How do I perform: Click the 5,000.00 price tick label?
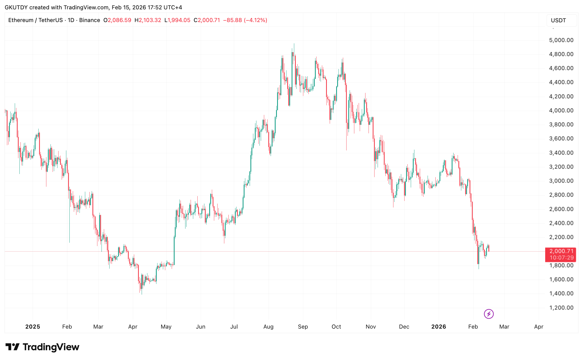coord(561,40)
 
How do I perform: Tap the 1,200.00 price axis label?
coord(561,308)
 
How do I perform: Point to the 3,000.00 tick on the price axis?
coord(561,181)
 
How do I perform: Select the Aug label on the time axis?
coord(268,327)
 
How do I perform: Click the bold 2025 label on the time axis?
coord(33,327)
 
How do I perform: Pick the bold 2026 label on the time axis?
coord(438,327)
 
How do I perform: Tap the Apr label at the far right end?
coord(538,327)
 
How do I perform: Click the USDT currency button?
coord(558,20)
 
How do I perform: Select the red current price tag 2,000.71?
coord(561,251)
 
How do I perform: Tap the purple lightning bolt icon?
coord(489,314)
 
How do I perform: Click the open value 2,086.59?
coord(119,20)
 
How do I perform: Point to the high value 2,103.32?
coord(150,20)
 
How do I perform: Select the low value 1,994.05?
coord(179,20)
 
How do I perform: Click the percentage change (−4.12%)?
coord(255,20)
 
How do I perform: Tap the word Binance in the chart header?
coord(90,20)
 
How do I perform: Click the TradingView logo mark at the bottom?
coord(12,347)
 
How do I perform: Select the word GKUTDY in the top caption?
coord(16,7)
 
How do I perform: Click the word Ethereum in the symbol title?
coord(21,20)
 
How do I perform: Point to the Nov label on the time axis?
coord(371,327)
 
